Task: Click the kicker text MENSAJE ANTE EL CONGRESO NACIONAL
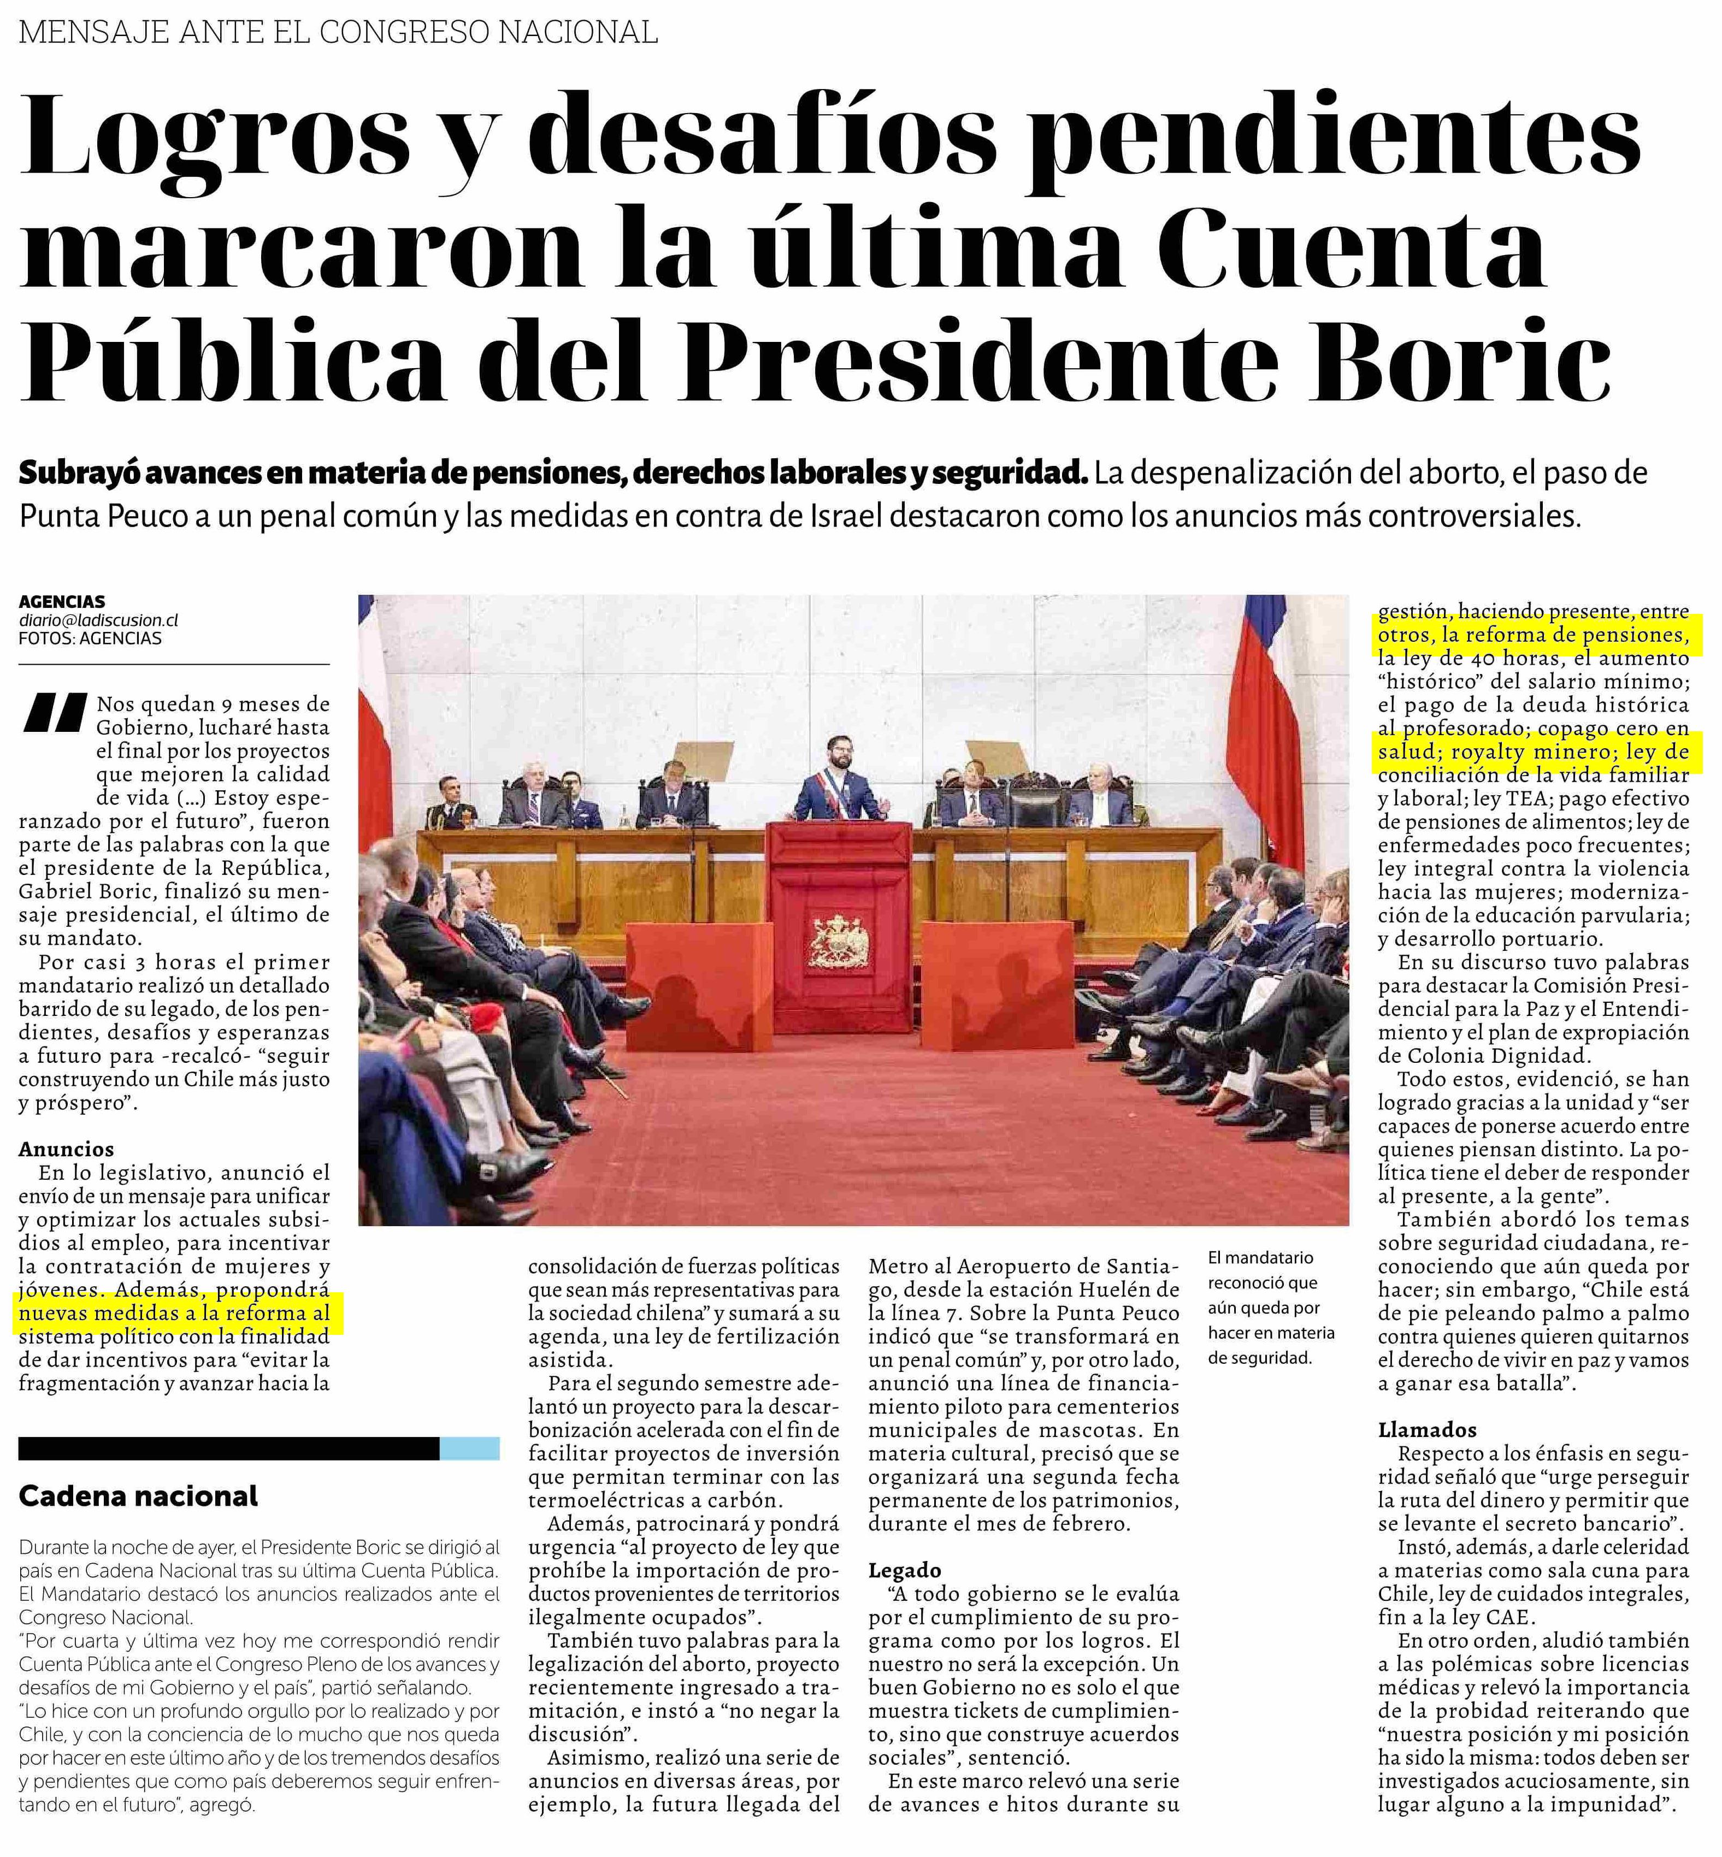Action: (338, 33)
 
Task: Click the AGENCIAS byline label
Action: (62, 602)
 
